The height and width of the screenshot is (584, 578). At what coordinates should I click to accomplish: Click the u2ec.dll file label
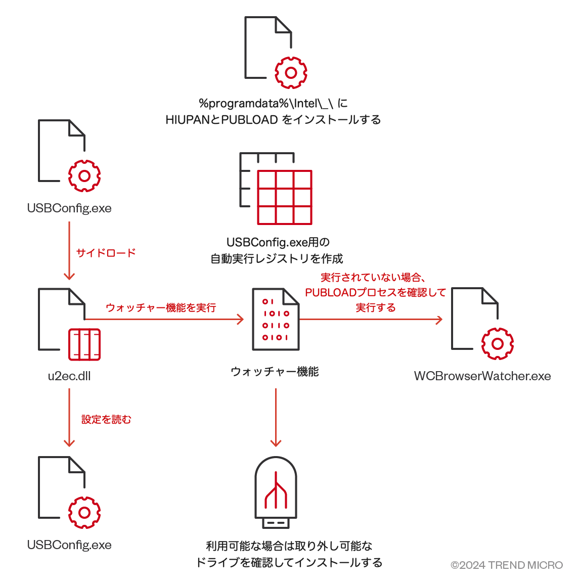coord(69,376)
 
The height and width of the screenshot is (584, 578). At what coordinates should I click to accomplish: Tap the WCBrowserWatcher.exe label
coord(482,376)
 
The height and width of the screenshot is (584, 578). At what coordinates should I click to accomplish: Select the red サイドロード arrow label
coord(106,253)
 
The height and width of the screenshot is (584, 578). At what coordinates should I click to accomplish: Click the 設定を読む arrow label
coord(106,419)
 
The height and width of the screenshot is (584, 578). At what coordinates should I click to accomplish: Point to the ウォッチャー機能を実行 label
coord(161,307)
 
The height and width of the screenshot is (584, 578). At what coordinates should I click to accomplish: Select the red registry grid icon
coord(284,197)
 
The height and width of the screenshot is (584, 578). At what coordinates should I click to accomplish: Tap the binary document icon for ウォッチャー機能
coord(276,319)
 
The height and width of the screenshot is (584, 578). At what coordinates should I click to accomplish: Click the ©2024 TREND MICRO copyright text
coord(506,565)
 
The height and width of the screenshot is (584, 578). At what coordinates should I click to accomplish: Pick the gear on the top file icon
coord(291,73)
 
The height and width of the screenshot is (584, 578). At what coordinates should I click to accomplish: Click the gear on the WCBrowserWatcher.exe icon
coord(498,344)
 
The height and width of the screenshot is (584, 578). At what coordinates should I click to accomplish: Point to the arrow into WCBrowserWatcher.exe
coord(372,320)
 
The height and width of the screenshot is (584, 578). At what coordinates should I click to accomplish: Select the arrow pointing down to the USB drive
coord(276,418)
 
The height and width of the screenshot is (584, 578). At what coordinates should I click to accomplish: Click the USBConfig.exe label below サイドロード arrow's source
coord(69,208)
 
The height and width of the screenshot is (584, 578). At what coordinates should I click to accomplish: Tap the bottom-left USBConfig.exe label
coord(69,545)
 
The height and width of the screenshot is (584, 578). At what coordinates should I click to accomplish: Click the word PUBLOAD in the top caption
coord(250,120)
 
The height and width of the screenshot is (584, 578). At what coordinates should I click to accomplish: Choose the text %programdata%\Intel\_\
coord(266,104)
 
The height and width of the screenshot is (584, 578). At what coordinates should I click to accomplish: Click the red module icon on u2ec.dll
coord(84,344)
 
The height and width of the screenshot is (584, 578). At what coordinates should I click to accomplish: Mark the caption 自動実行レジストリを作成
coord(277,259)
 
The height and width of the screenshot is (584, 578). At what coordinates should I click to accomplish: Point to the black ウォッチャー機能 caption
coord(275,372)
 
